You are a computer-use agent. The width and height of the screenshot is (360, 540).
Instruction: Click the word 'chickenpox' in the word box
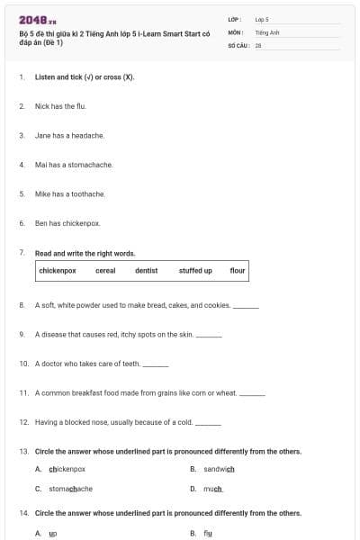[58, 270]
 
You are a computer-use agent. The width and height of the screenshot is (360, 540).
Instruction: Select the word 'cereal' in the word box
[105, 270]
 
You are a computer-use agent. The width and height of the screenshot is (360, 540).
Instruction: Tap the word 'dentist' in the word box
[146, 270]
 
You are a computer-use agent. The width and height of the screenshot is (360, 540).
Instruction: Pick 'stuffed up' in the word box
[195, 270]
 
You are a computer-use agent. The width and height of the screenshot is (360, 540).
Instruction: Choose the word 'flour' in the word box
[238, 270]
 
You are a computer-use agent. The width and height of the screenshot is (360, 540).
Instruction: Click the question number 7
[22, 253]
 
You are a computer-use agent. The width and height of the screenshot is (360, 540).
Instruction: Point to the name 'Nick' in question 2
[41, 106]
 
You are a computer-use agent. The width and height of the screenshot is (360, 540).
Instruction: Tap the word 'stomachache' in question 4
[93, 165]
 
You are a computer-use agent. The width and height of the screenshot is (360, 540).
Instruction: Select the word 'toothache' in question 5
[87, 193]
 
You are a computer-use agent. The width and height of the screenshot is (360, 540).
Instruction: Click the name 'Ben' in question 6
[40, 222]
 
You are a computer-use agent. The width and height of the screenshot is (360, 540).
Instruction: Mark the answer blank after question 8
[246, 306]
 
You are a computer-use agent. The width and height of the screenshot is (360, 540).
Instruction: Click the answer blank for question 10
[156, 364]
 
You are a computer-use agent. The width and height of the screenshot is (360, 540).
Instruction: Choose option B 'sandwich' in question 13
[219, 469]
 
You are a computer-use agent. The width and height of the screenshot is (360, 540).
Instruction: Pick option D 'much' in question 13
[212, 489]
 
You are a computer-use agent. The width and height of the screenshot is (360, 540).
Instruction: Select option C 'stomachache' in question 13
[70, 489]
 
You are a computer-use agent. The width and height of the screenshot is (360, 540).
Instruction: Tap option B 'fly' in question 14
[208, 533]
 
